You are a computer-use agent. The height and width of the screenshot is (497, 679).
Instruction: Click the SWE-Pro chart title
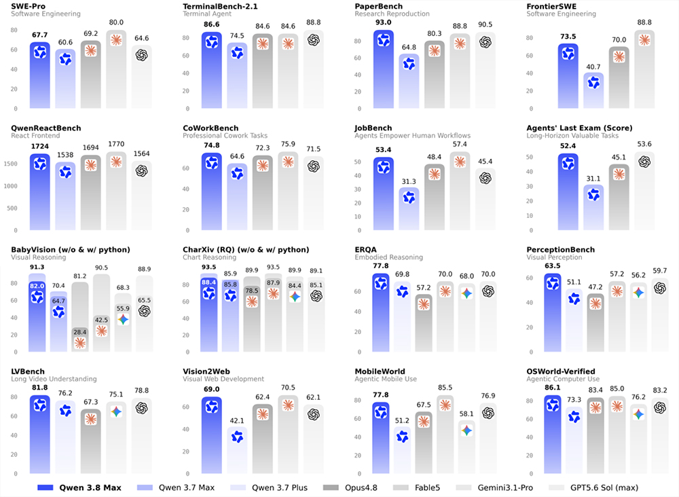(28, 7)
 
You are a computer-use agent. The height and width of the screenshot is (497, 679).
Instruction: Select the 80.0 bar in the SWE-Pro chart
(116, 69)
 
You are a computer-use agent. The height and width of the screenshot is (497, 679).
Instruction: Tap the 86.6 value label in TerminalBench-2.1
(211, 24)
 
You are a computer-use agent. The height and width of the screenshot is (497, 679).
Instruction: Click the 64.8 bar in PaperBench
(409, 81)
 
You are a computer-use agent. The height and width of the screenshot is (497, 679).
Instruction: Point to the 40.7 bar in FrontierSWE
(593, 90)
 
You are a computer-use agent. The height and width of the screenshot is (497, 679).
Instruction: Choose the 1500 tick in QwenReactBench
(10, 164)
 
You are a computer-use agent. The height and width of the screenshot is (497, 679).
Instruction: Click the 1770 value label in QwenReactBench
(116, 144)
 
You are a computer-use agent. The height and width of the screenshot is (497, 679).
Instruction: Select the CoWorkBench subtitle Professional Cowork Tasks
(225, 136)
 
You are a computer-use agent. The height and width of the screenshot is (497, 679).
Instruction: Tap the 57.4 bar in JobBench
(460, 191)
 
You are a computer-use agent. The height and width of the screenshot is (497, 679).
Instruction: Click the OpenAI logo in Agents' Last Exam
(644, 162)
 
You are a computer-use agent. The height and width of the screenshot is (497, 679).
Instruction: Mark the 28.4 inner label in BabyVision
(79, 332)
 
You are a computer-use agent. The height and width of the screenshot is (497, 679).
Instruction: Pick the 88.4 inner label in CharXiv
(208, 282)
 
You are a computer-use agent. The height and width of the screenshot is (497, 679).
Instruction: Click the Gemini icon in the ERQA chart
(466, 293)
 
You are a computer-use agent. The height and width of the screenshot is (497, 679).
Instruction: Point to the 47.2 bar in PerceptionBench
(595, 323)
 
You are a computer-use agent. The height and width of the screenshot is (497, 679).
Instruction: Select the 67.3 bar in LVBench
(90, 441)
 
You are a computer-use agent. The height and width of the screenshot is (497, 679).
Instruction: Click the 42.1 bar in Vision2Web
(237, 450)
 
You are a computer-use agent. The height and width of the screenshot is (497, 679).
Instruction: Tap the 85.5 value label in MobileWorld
(445, 388)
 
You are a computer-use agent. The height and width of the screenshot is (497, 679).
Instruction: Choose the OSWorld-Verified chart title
(561, 371)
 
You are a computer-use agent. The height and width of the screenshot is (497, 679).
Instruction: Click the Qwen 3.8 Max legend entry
(79, 488)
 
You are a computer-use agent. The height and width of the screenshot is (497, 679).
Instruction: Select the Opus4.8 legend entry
(350, 488)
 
